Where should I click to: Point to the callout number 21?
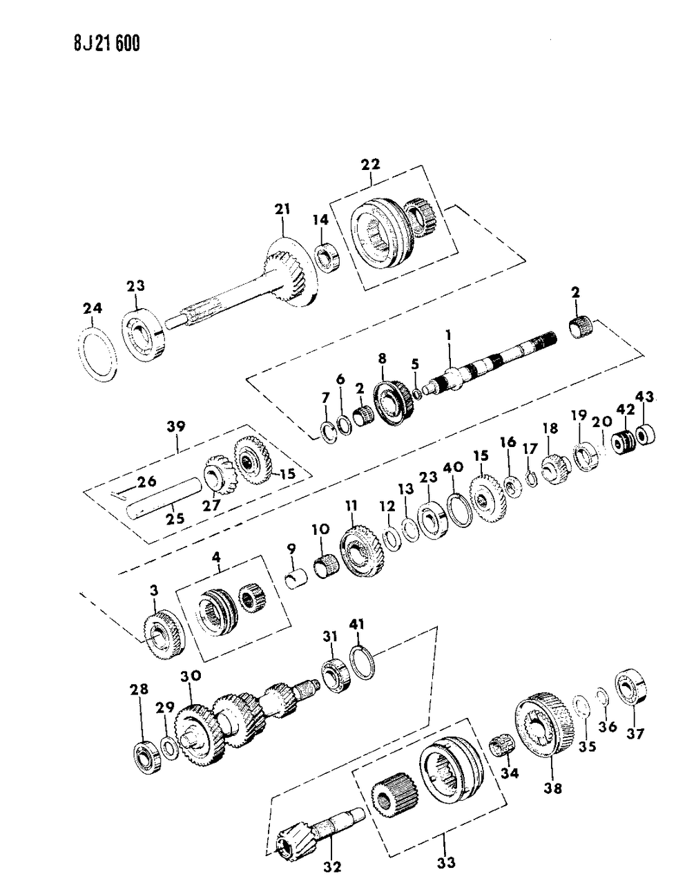point(283,209)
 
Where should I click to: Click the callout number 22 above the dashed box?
point(370,164)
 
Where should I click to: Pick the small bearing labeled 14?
point(327,259)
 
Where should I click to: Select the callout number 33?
point(445,862)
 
